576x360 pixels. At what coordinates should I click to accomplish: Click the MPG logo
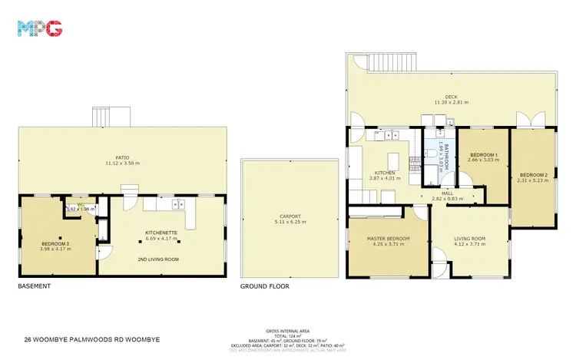(x=39, y=29)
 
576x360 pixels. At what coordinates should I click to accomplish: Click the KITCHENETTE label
(x=162, y=232)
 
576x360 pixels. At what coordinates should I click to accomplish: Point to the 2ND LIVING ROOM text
(x=162, y=259)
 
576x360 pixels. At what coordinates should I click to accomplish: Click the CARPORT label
(x=290, y=216)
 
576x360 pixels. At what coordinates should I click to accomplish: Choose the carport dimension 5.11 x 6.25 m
(x=290, y=223)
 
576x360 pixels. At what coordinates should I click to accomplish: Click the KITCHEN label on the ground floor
(x=384, y=173)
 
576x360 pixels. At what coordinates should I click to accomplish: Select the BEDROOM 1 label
(x=484, y=156)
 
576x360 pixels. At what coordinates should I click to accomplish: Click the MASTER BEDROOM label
(x=388, y=239)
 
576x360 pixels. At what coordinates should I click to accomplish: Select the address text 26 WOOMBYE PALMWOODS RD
(x=92, y=338)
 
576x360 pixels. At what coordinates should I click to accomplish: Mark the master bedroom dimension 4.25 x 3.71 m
(x=388, y=246)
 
